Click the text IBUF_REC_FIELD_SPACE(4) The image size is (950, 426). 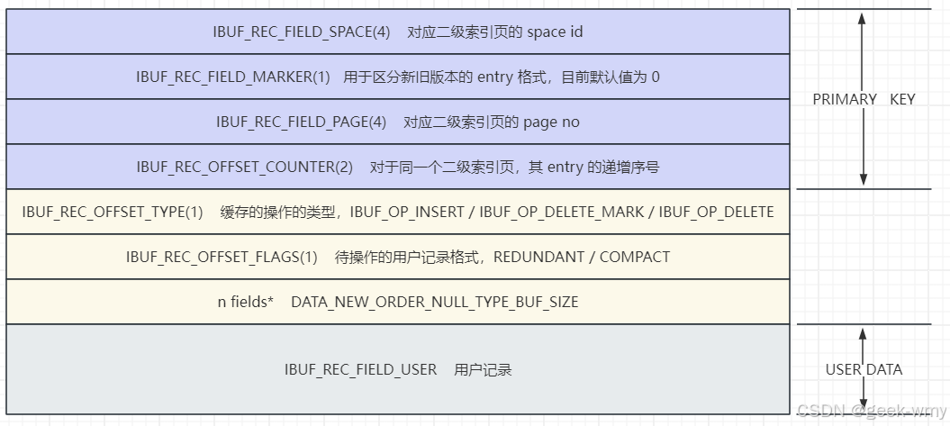[302, 32]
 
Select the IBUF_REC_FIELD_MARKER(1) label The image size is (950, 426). [233, 77]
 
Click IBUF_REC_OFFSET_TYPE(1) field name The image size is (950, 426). [113, 213]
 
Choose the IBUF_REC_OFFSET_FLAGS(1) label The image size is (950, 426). [222, 258]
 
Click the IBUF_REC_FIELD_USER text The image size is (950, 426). [360, 370]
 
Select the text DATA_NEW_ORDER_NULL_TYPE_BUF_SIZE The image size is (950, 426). [434, 303]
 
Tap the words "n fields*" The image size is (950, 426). [245, 303]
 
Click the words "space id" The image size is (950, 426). [555, 32]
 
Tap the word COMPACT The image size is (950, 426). [635, 258]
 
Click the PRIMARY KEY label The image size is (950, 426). [864, 99]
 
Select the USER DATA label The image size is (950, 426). [864, 369]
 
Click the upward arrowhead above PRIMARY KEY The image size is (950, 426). [863, 16]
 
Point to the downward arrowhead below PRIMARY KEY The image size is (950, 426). [863, 181]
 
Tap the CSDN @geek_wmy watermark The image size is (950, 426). [871, 411]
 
